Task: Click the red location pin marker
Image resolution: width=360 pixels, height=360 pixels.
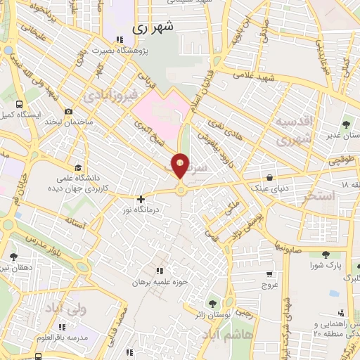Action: (x=181, y=166)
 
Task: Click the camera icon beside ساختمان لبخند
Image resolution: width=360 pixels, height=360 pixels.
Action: (x=68, y=111)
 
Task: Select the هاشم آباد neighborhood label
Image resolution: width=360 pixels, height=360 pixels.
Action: (x=242, y=337)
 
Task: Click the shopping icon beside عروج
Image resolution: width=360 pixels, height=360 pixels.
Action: (x=269, y=274)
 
